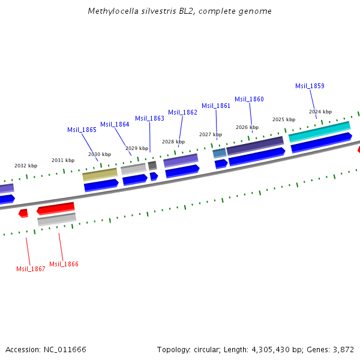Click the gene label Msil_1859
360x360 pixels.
310,86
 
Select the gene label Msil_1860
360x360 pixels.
249,99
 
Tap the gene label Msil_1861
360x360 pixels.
216,106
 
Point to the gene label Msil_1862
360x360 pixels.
182,112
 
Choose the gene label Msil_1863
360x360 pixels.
149,118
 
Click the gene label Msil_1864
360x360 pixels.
115,124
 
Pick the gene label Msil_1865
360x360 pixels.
82,130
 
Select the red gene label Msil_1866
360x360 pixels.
64,264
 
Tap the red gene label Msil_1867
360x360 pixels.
31,269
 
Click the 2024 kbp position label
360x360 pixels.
320,112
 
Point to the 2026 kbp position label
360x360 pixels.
247,127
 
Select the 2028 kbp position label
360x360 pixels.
173,142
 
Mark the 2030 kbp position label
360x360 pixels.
100,154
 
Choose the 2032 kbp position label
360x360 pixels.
26,166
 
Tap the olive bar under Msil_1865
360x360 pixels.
100,175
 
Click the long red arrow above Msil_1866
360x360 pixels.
56,208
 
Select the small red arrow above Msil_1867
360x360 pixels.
23,213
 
